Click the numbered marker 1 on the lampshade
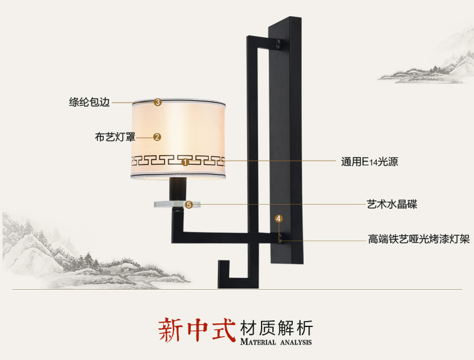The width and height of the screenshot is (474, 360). (x=185, y=161)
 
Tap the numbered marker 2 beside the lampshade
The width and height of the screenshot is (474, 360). (x=157, y=137)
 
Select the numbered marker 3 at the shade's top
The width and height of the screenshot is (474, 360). (x=158, y=102)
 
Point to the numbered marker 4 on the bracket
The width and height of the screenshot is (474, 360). (x=278, y=218)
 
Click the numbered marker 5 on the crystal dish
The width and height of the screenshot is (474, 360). (x=189, y=205)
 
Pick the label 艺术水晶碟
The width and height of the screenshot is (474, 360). (x=392, y=204)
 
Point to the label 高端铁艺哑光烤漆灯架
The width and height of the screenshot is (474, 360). (x=419, y=239)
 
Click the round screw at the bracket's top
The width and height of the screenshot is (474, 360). (x=280, y=43)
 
